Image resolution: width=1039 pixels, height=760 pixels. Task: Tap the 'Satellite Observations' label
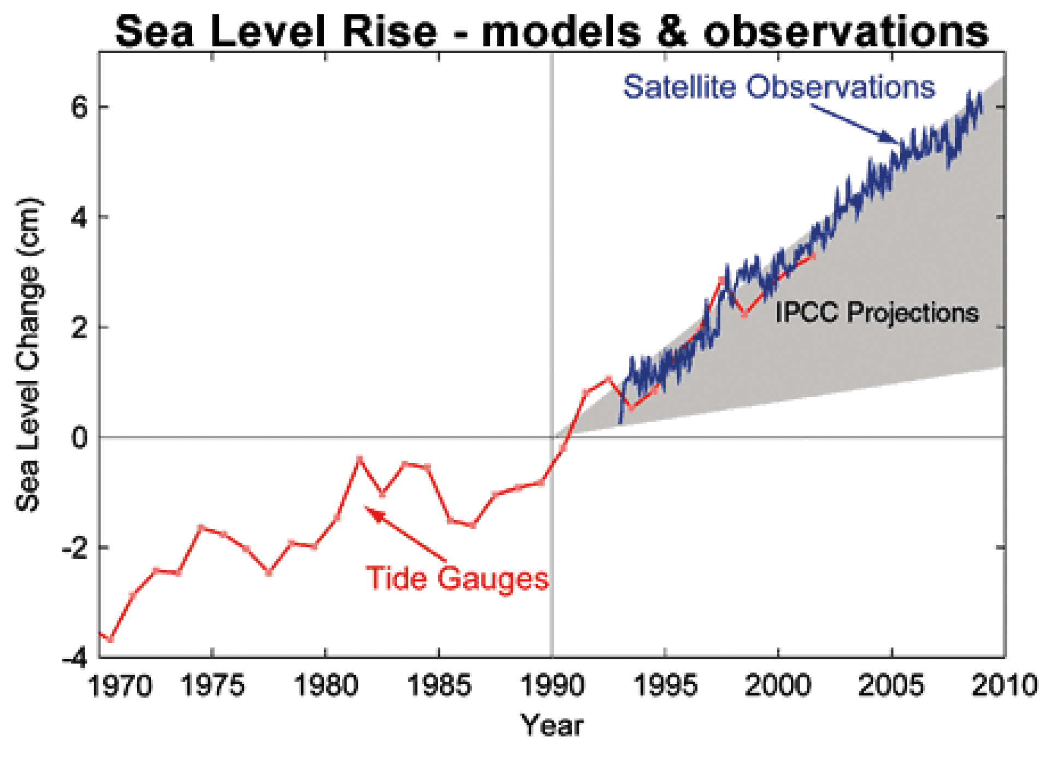(x=779, y=87)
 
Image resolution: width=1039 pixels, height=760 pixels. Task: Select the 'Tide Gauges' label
(x=457, y=578)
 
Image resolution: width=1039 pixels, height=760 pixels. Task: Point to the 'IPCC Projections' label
(x=877, y=313)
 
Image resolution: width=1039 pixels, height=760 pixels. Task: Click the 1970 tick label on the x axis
(x=120, y=686)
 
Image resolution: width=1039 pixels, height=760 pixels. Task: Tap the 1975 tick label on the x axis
(x=213, y=686)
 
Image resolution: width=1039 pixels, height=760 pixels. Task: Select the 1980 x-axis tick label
(x=326, y=686)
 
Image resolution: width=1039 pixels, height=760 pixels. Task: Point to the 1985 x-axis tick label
(x=439, y=686)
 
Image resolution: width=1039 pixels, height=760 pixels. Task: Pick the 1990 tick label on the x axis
(x=552, y=686)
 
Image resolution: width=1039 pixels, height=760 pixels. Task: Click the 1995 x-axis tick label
(x=665, y=686)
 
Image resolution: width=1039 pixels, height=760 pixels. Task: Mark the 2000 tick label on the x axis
(x=778, y=686)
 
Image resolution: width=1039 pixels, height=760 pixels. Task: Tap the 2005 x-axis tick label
(x=891, y=686)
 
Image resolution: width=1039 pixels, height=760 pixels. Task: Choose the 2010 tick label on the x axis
(x=1005, y=686)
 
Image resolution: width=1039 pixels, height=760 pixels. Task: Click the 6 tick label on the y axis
(x=80, y=108)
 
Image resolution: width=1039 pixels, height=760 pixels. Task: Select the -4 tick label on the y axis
(x=74, y=658)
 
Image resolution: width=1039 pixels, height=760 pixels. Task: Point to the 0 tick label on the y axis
(x=80, y=437)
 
